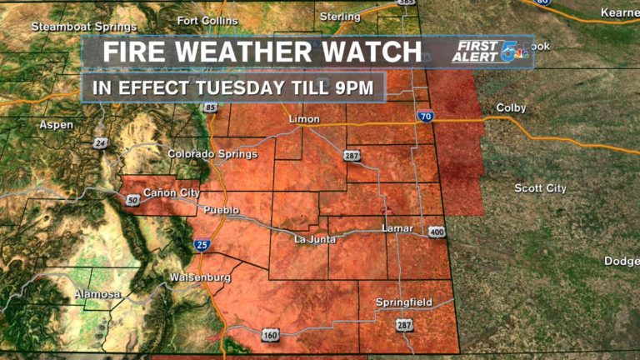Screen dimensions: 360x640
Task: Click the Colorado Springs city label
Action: pyautogui.click(x=212, y=153)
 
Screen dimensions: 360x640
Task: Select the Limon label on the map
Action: pyautogui.click(x=303, y=119)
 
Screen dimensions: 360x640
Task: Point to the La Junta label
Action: pyautogui.click(x=315, y=240)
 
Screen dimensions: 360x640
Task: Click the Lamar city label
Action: pyautogui.click(x=396, y=227)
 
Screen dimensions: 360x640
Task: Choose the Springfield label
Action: pyautogui.click(x=403, y=302)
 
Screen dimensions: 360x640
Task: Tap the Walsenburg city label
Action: pyautogui.click(x=198, y=277)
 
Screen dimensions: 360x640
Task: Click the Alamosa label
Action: pyautogui.click(x=97, y=294)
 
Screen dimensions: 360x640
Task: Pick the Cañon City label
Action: pyautogui.click(x=172, y=193)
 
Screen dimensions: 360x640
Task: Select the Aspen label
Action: pyautogui.click(x=56, y=124)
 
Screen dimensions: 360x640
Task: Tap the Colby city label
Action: pyautogui.click(x=512, y=108)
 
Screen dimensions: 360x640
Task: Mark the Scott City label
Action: pyautogui.click(x=540, y=188)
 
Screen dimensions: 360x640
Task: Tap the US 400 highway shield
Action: pyautogui.click(x=436, y=232)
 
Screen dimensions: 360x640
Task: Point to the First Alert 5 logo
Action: pyautogui.click(x=491, y=51)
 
